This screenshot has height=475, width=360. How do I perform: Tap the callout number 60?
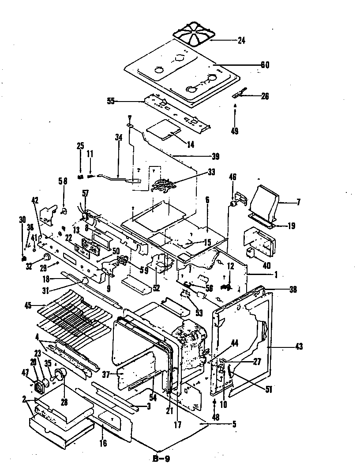265,65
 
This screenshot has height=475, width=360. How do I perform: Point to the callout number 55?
110,101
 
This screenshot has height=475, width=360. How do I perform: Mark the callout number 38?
293,290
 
